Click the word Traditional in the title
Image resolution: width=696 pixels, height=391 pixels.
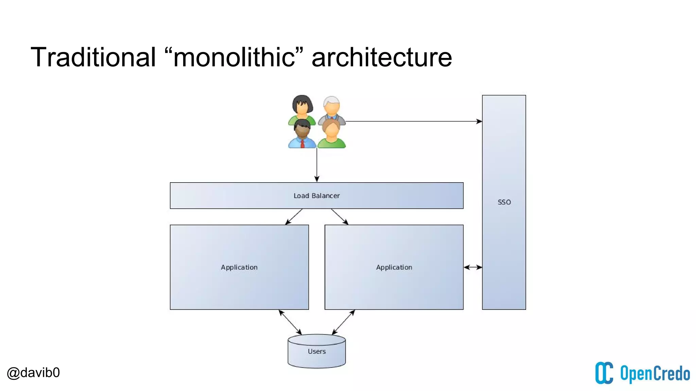(93, 57)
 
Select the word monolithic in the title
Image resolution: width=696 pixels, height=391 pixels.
(234, 57)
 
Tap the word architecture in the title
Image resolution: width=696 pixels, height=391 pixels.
(382, 57)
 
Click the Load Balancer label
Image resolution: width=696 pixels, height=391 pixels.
(316, 196)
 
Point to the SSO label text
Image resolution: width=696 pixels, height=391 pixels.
(504, 202)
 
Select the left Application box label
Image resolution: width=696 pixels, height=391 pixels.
(239, 267)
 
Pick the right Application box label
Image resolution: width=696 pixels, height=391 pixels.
(394, 267)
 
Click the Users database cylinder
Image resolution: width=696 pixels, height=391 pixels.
(316, 351)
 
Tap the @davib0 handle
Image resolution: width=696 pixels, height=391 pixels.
(33, 373)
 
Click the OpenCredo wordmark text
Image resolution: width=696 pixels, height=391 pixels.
(655, 374)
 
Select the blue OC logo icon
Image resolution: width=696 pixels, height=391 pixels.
(604, 373)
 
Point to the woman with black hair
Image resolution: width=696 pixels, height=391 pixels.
(302, 108)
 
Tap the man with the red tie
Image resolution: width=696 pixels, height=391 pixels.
(302, 134)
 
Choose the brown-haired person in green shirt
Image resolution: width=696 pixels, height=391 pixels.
(331, 134)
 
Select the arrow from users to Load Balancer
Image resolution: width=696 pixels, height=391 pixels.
(317, 165)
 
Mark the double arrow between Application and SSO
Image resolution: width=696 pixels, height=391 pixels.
(473, 267)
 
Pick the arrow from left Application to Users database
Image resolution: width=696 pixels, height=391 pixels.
(290, 322)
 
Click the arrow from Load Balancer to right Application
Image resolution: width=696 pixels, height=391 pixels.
(340, 217)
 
